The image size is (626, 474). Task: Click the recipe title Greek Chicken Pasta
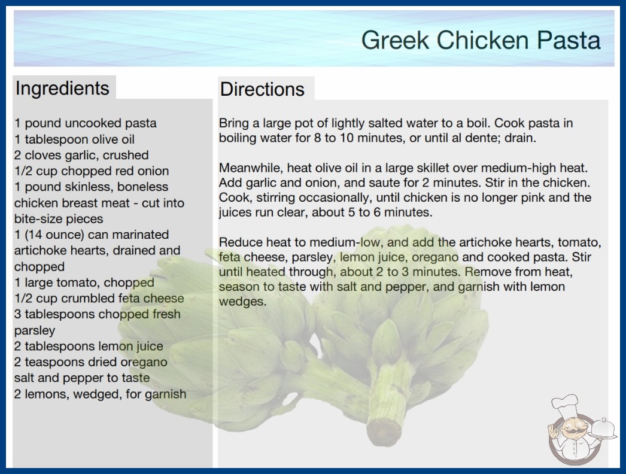[481, 40]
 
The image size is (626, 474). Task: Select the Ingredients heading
[62, 88]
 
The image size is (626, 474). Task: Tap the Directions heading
[262, 89]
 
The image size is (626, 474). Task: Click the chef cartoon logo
[580, 430]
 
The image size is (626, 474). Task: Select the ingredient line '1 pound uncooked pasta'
[86, 123]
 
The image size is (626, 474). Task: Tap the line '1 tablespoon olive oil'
[75, 139]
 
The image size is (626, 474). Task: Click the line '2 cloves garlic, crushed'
[81, 155]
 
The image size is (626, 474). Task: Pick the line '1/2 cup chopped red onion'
[92, 171]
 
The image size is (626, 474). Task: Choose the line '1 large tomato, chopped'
[84, 282]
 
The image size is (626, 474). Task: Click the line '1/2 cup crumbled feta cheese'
[99, 298]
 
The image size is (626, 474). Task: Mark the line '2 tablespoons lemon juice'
[89, 346]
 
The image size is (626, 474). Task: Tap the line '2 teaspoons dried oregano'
[90, 362]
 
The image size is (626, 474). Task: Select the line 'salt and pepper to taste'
[82, 378]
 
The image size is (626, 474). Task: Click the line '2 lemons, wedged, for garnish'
[100, 394]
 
